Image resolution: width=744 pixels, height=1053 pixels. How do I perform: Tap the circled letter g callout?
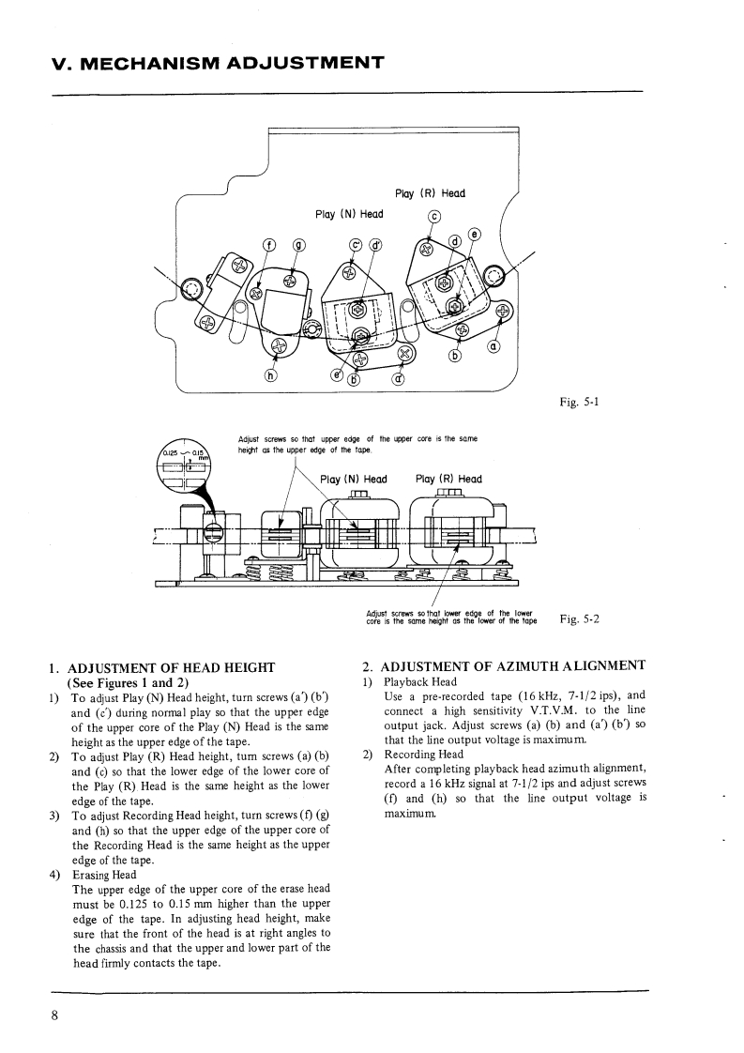tap(299, 245)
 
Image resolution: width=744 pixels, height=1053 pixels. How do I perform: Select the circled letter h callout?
tap(272, 375)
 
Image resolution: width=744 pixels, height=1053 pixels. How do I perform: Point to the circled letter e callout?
tap(474, 234)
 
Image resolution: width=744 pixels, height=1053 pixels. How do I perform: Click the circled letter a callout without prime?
tap(493, 348)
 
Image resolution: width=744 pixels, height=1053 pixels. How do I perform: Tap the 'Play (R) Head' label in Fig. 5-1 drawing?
tap(431, 193)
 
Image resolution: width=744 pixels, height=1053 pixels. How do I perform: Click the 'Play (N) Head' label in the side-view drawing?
tap(354, 480)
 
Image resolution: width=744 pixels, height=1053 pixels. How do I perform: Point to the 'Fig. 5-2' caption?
tap(579, 618)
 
